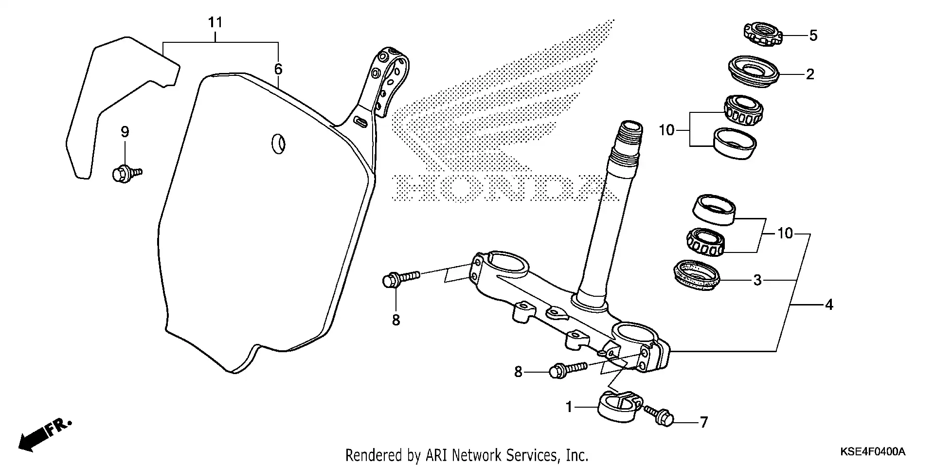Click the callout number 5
point(813,36)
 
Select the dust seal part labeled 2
point(753,72)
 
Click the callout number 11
point(215,22)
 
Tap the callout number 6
point(278,69)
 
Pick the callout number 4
point(829,305)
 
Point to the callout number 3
point(757,280)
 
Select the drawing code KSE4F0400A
point(872,452)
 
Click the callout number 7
point(704,423)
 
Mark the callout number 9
point(125,132)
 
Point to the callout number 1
point(569,407)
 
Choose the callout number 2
point(809,74)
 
